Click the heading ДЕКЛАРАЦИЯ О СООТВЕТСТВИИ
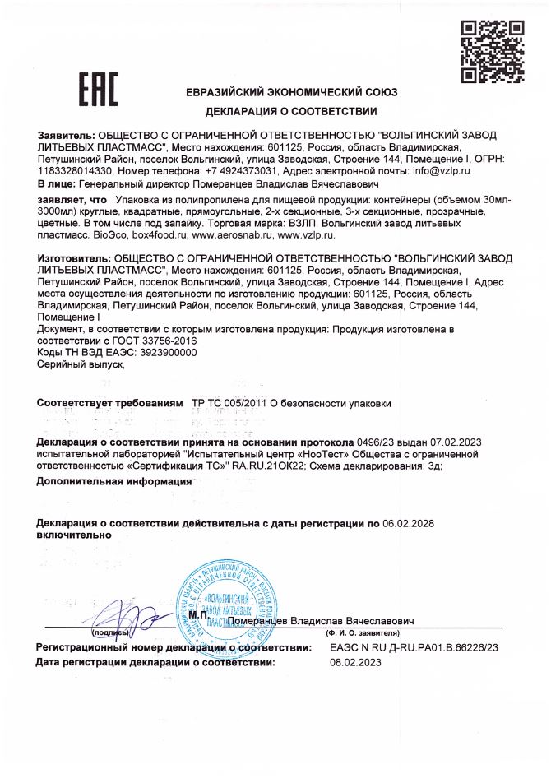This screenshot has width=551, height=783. [291, 112]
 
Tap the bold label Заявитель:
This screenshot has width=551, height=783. [67, 133]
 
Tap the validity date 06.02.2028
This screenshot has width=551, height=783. [410, 523]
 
